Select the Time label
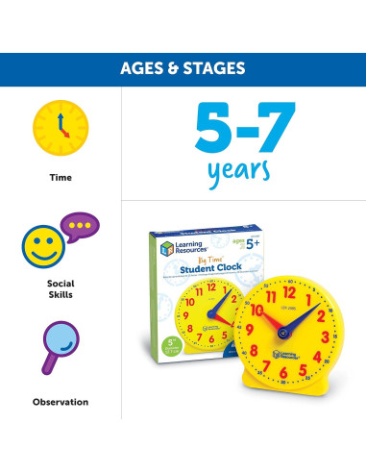61,177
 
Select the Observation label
61,401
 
